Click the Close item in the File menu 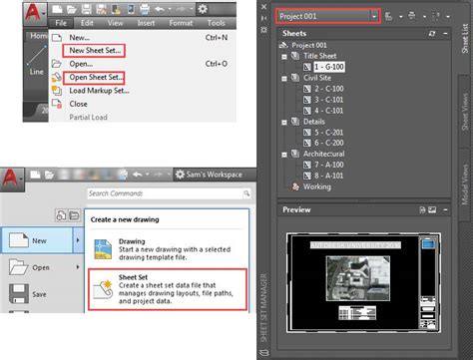tap(79, 103)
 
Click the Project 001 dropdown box tap(324, 16)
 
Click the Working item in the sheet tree tap(316, 185)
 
